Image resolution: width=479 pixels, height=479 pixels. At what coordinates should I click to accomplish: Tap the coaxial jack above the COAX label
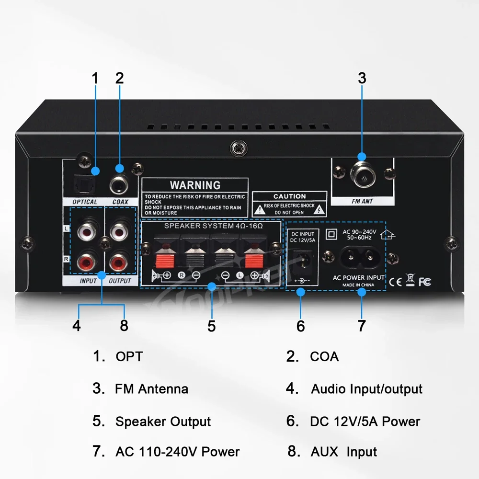click(119, 182)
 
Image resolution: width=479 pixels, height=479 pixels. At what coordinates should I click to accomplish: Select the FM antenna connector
click(362, 175)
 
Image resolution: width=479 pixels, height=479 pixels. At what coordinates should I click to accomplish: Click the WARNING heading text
click(195, 185)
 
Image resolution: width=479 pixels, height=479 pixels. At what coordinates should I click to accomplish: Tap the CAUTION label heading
click(289, 196)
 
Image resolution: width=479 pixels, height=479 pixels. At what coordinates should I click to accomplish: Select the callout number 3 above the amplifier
click(362, 78)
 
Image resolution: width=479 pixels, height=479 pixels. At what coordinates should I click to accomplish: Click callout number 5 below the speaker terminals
click(212, 326)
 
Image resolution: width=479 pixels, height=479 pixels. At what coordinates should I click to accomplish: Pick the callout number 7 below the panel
click(362, 326)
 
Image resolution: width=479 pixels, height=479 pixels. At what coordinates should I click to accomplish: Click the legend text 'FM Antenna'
click(151, 388)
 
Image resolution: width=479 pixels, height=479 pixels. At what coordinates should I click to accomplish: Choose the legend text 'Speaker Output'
click(163, 422)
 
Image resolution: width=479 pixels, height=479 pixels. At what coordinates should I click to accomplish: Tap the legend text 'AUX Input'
click(344, 452)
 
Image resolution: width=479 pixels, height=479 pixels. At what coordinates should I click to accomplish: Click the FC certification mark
click(424, 282)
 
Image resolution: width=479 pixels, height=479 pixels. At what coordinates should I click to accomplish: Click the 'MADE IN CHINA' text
click(358, 285)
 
